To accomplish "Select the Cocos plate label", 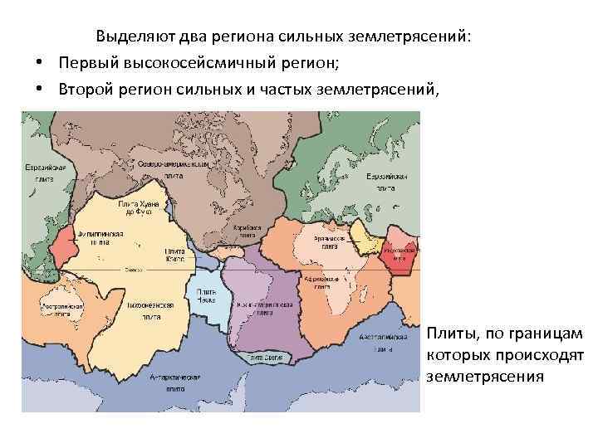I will click(x=174, y=255).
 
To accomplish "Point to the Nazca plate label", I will click(x=201, y=296).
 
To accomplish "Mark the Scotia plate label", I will click(x=266, y=358).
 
